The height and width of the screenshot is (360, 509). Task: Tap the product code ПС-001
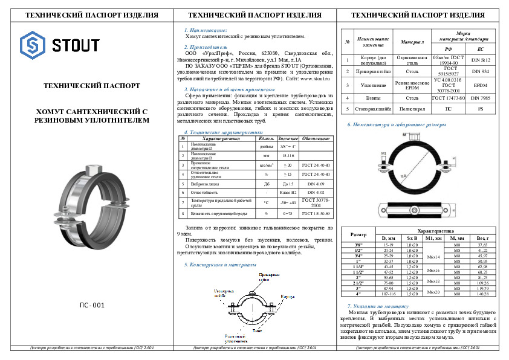point(92,306)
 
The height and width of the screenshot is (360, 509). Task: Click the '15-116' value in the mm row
point(288,155)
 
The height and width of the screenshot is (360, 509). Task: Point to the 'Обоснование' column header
point(316,138)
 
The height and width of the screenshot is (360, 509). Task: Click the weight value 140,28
point(482,294)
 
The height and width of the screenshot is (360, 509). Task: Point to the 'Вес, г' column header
point(482,239)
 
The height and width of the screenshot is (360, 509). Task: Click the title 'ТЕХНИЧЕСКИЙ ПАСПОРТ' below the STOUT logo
point(92,86)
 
